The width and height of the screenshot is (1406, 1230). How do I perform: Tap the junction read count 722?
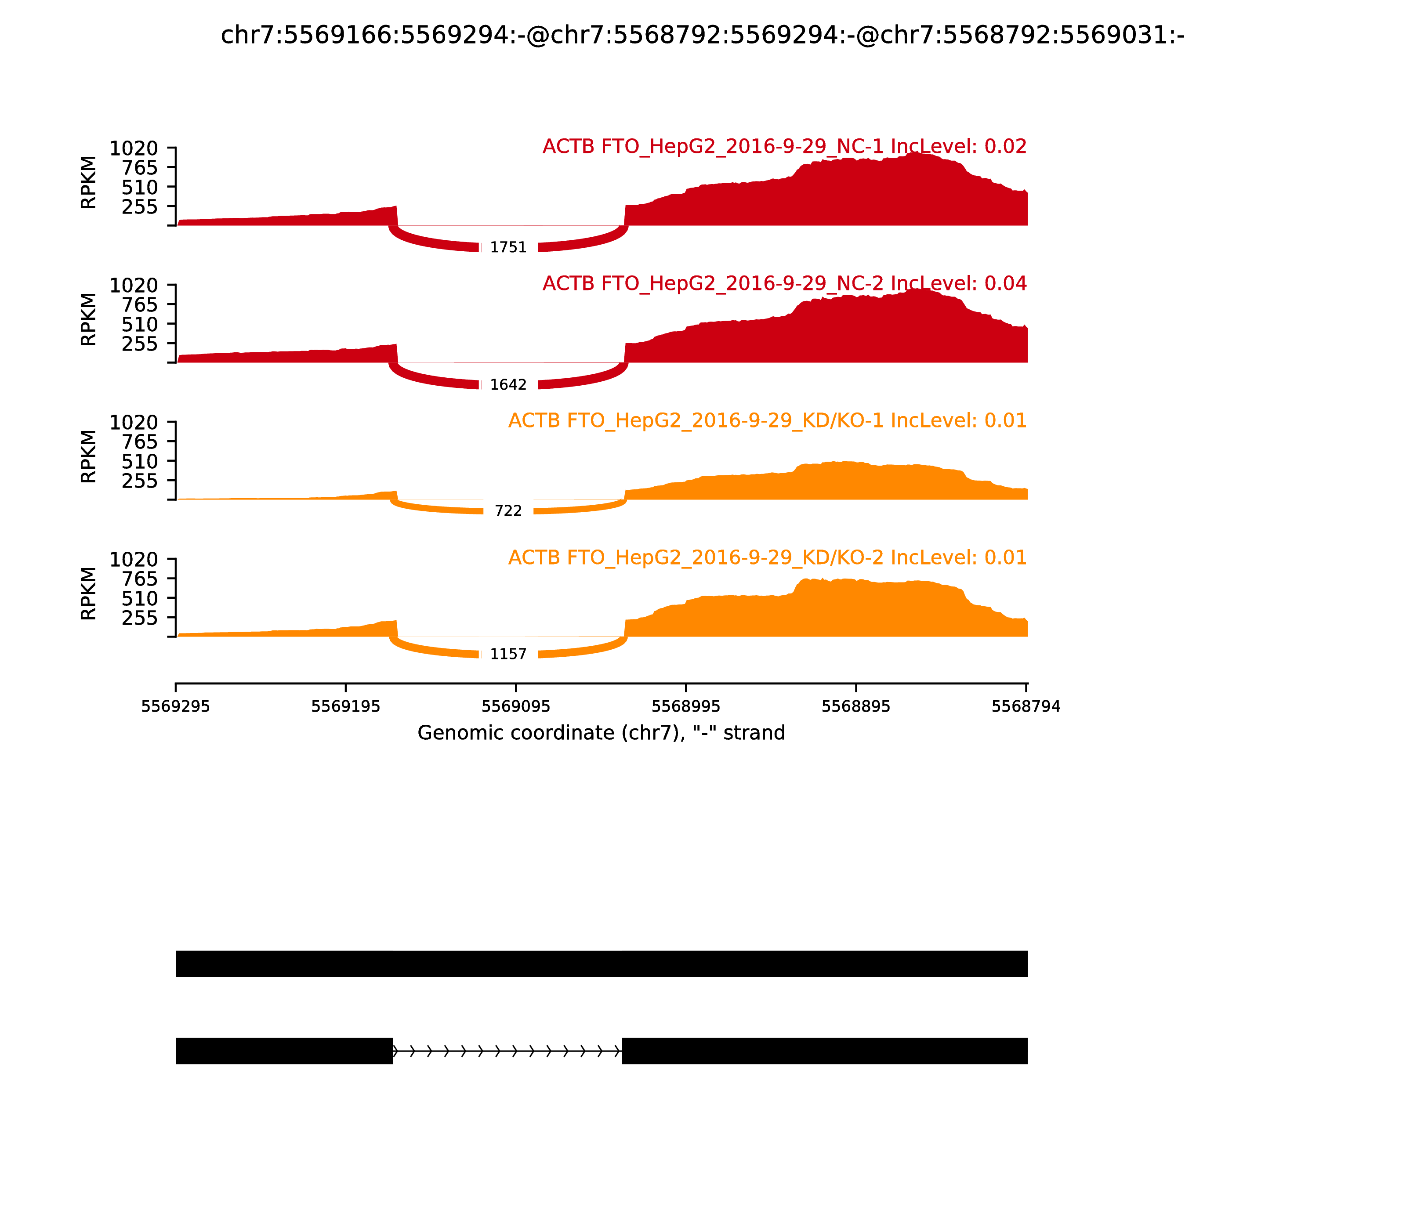pos(508,510)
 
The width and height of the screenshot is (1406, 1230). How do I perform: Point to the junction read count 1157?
pos(508,654)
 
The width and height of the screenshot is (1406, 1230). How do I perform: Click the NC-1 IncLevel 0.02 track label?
pos(784,147)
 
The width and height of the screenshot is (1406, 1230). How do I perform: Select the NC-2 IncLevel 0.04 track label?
pos(784,283)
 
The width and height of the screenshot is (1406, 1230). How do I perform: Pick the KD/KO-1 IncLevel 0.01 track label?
pos(767,421)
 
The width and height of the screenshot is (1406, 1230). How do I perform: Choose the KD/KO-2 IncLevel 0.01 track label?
pos(767,557)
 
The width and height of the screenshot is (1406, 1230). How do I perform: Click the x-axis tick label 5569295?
pos(176,707)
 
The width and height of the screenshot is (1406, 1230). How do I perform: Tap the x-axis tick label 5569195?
pos(345,707)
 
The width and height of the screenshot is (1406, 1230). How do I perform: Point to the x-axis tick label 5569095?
pos(515,707)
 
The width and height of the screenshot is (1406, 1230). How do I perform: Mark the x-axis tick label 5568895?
pos(855,707)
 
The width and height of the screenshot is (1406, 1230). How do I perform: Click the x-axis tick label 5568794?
pos(1026,707)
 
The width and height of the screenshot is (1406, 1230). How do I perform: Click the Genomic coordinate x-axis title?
pos(601,733)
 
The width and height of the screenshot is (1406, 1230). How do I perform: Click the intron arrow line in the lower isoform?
pos(507,1051)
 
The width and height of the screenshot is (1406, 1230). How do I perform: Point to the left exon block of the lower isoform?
pos(284,1051)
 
